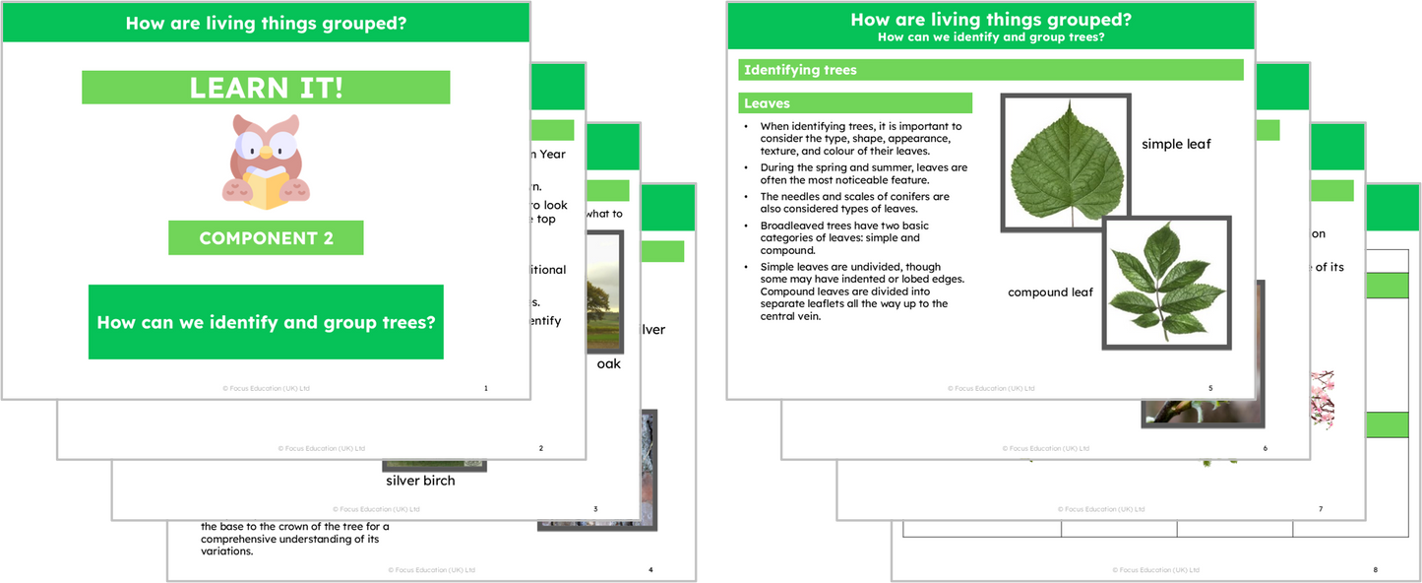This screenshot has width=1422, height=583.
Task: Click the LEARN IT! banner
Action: pos(266,88)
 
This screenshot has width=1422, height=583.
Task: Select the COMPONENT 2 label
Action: pos(266,238)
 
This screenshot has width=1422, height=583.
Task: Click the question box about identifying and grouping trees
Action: pos(266,322)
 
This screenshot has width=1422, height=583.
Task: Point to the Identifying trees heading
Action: pos(990,70)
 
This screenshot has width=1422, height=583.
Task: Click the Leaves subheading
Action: pos(854,103)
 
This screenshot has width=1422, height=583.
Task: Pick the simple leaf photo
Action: pos(1066,162)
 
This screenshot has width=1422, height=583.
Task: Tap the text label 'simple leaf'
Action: pos(1176,145)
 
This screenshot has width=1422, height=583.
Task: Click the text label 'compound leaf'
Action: pos(1050,292)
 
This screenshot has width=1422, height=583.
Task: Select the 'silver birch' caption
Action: pos(420,481)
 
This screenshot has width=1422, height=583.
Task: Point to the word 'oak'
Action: pos(609,364)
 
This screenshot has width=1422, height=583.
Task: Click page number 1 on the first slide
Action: pos(485,388)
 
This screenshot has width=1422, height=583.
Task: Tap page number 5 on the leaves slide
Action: pos(1210,388)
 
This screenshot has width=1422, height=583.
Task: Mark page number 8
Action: pos(1375,570)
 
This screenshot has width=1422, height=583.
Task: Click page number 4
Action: pos(650,570)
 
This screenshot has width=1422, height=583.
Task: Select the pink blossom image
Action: pos(1321,399)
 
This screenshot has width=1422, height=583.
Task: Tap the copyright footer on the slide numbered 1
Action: pos(266,388)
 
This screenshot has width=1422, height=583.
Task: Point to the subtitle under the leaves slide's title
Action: pos(990,37)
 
